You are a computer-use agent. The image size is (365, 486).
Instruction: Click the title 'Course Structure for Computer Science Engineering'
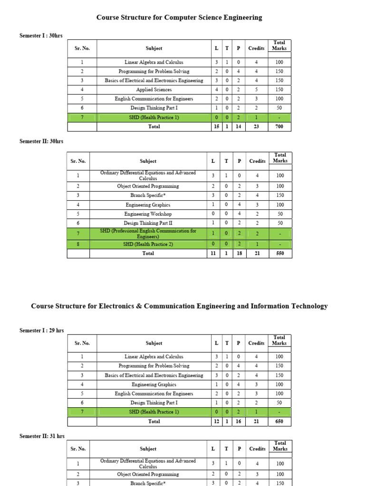[179, 18]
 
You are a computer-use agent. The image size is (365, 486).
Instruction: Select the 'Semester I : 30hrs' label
[41, 36]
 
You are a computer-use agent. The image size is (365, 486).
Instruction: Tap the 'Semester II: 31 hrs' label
[42, 436]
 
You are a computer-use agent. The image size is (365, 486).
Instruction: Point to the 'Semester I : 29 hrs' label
[42, 330]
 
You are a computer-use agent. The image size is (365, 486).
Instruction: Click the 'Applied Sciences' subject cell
[154, 90]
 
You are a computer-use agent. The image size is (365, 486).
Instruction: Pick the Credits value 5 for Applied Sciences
[256, 90]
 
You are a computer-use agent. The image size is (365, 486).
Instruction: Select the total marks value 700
[279, 127]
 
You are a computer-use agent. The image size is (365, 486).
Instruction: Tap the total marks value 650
[279, 421]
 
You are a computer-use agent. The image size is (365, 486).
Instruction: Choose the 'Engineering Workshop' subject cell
[148, 214]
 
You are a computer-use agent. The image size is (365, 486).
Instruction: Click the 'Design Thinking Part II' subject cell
[148, 223]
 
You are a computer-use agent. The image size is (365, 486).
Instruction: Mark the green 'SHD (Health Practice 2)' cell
[148, 244]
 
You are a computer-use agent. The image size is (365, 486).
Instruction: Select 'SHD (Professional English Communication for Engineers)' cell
[148, 234]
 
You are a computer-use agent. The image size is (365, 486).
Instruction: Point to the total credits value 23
[256, 127]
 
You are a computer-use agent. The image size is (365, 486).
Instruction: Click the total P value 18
[239, 253]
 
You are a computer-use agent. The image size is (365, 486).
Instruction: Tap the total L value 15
[216, 127]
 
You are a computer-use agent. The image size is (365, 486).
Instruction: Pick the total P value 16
[238, 421]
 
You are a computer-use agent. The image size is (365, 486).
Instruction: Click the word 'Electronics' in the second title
[116, 306]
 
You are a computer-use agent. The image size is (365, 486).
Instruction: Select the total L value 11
[213, 253]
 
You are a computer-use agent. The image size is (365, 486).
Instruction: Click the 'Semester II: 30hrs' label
[41, 141]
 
